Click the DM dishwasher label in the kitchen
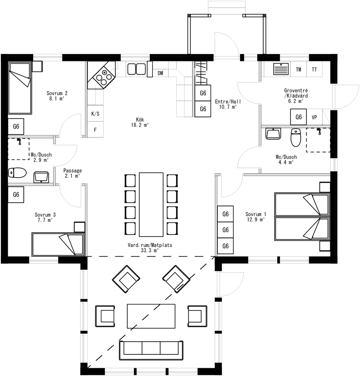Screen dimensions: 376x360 coord(160,73)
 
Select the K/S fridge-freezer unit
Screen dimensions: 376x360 coord(95,114)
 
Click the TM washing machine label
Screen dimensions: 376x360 coord(299,70)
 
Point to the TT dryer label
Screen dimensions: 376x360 coord(314,70)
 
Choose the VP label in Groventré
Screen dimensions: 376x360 coord(314,117)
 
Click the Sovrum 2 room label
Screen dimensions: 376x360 coord(57,93)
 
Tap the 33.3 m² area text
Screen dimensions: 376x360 coord(150,251)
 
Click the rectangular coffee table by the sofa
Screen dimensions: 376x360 coord(151,316)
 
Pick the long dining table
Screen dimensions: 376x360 coord(151,205)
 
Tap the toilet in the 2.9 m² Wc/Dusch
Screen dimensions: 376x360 coord(17,173)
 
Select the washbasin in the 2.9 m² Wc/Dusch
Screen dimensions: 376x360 coord(41,177)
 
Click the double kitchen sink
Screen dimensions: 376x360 coord(136,69)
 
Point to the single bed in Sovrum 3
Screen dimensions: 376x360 coord(58,244)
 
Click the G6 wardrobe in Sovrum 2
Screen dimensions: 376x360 coord(16,126)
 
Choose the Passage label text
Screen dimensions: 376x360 coord(72,171)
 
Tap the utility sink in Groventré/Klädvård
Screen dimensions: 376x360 coord(281,69)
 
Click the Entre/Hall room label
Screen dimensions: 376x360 coord(228,102)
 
